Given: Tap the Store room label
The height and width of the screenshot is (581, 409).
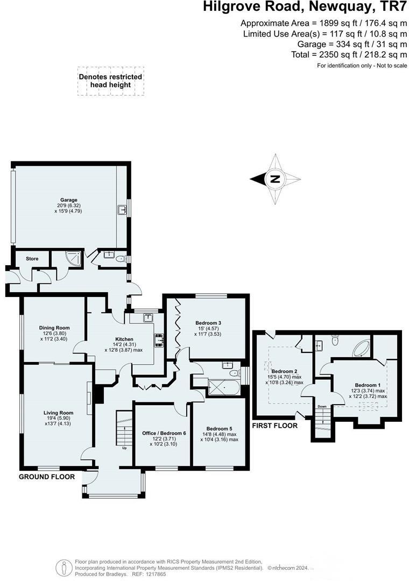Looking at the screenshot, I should pos(32,259).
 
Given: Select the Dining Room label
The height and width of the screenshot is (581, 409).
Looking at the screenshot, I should pos(54,328).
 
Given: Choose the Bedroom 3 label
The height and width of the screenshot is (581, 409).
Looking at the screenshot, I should pos(207,323).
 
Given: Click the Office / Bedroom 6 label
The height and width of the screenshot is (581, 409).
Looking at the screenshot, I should pos(164,433).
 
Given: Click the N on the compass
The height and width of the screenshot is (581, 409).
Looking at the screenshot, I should pos(275,179).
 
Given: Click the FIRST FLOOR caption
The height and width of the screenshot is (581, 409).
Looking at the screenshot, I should pos(274,426).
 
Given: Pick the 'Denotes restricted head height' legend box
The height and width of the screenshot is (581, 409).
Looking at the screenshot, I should pos(110,81).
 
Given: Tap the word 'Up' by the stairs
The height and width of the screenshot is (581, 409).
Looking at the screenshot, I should pos(125,447).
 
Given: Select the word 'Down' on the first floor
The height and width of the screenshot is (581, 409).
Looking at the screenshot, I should pos(322,407).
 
